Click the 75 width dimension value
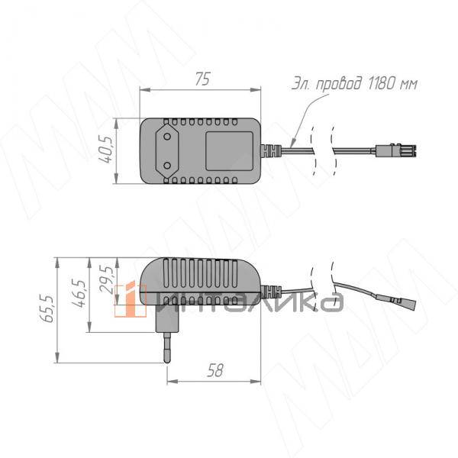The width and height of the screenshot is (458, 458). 202,79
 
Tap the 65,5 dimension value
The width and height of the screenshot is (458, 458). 48,308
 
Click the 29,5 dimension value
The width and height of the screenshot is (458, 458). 107,280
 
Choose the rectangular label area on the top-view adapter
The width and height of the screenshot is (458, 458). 229,150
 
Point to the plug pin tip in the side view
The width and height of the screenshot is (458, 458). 167,360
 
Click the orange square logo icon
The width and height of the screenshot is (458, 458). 129,299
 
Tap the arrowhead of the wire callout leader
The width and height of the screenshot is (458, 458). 293,143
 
